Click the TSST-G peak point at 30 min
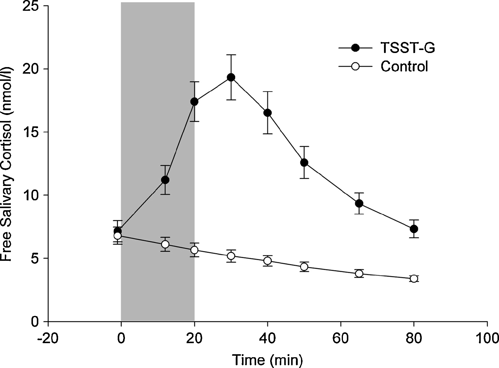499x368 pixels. pyautogui.click(x=231, y=78)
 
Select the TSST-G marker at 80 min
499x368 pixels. pyautogui.click(x=414, y=229)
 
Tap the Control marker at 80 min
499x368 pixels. pyautogui.click(x=414, y=278)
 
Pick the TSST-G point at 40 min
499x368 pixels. pyautogui.click(x=267, y=113)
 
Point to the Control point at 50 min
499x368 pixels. pyautogui.click(x=304, y=266)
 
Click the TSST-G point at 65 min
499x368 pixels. pyautogui.click(x=359, y=204)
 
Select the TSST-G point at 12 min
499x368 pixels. pyautogui.click(x=165, y=180)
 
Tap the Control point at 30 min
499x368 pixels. pyautogui.click(x=231, y=256)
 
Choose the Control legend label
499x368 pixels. pyautogui.click(x=404, y=66)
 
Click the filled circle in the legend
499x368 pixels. pyautogui.click(x=355, y=48)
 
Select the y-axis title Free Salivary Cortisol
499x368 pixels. pyautogui.click(x=7, y=165)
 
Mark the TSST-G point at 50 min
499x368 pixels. pyautogui.click(x=304, y=163)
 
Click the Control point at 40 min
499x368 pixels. pyautogui.click(x=267, y=261)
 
